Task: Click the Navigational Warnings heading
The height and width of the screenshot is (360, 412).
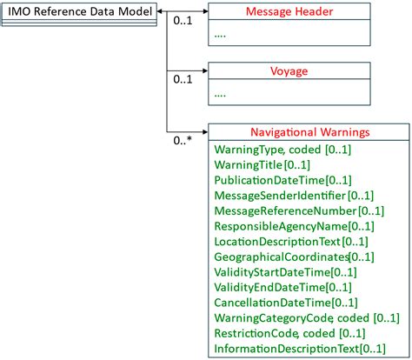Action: coord(309,133)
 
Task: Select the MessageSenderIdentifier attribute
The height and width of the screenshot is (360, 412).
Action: coord(293,195)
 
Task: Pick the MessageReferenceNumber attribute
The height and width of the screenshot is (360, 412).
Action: coord(296,210)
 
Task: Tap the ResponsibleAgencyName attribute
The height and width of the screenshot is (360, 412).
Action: coord(293,225)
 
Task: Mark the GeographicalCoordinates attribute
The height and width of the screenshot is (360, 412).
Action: coord(293,257)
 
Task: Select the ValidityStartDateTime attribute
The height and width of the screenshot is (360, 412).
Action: coord(282,271)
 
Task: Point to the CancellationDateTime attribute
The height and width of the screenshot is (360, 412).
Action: coord(284,303)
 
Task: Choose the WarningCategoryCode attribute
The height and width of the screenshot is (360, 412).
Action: coord(300,317)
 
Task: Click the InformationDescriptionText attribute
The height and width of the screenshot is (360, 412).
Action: coord(298,349)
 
